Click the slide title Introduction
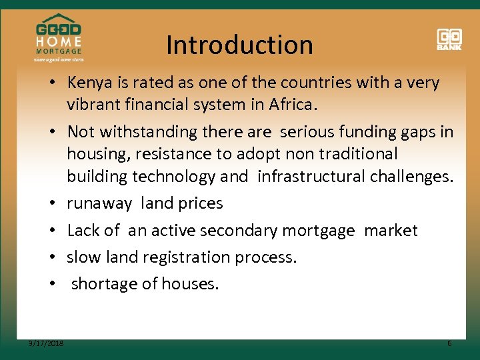[x=239, y=45]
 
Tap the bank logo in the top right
[x=449, y=39]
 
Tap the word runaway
[x=99, y=203]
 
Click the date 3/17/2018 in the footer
[x=47, y=343]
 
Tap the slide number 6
[x=449, y=343]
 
